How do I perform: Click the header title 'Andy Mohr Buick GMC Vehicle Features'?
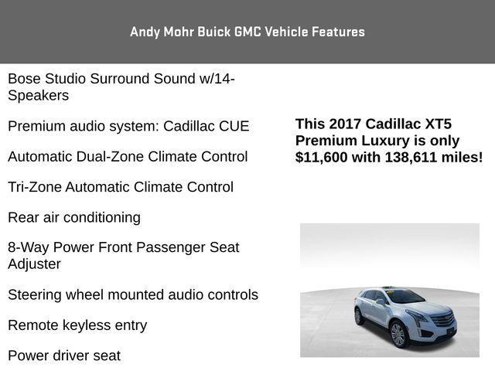pyautogui.click(x=247, y=32)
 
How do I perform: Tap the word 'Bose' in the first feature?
pyautogui.click(x=25, y=79)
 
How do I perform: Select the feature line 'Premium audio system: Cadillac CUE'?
pyautogui.click(x=128, y=126)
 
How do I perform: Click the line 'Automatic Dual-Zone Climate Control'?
pyautogui.click(x=128, y=156)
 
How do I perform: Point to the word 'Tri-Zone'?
pyautogui.click(x=34, y=187)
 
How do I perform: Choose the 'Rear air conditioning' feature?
pyautogui.click(x=74, y=217)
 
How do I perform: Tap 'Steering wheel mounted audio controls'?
pyautogui.click(x=133, y=294)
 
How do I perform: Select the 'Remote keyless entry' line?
pyautogui.click(x=77, y=325)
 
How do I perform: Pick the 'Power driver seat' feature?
pyautogui.click(x=64, y=356)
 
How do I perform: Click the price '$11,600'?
pyautogui.click(x=326, y=157)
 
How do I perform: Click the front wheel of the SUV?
pyautogui.click(x=398, y=334)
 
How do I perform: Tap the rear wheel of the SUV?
pyautogui.click(x=360, y=316)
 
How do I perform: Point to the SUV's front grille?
pyautogui.click(x=439, y=319)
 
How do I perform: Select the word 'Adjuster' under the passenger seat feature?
pyautogui.click(x=34, y=264)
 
